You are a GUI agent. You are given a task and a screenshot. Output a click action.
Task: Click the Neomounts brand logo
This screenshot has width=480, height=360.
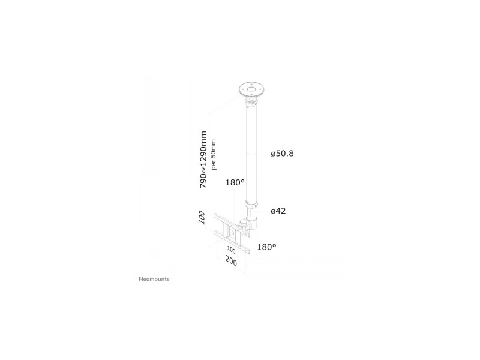coord(154,279)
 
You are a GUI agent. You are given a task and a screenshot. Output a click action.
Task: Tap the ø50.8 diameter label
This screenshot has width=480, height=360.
coord(282,154)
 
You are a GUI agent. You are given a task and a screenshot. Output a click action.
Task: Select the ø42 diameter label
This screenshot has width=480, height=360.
coord(278,211)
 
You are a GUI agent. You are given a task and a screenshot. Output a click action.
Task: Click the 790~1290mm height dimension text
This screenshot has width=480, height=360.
coord(203,160)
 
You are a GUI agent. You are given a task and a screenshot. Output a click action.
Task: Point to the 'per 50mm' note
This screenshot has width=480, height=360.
coord(214,155)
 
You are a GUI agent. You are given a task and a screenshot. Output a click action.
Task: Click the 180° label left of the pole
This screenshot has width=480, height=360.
coord(235,183)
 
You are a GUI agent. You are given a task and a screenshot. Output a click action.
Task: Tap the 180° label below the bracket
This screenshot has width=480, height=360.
coord(266,247)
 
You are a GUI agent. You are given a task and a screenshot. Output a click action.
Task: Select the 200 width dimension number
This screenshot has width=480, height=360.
coord(231,261)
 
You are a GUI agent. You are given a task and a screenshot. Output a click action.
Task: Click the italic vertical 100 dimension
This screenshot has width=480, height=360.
coord(202,217)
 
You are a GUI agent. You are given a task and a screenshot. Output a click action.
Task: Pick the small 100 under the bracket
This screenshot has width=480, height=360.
coord(231,250)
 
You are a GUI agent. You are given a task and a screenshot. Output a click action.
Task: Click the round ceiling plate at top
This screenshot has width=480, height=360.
coord(251,89)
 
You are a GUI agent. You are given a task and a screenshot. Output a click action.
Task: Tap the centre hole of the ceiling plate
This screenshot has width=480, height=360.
coord(251,89)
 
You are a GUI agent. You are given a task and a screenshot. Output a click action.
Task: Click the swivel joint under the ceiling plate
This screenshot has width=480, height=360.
coord(251,101)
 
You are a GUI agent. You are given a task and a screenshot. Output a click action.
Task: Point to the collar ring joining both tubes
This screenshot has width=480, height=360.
coord(251,204)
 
